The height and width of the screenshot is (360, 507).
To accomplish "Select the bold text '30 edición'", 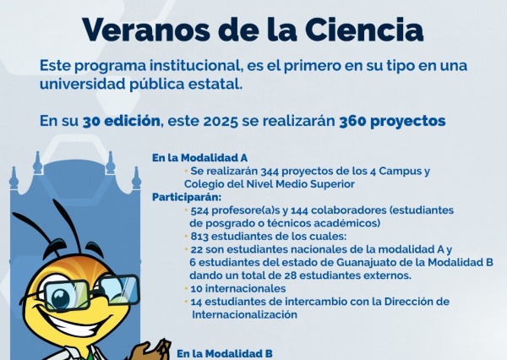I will [121, 121].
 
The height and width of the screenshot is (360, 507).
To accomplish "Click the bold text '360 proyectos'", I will [392, 121].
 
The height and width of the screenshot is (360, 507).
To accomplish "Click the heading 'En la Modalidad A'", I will [188, 158].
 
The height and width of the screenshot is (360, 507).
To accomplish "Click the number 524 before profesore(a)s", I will [202, 210].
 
